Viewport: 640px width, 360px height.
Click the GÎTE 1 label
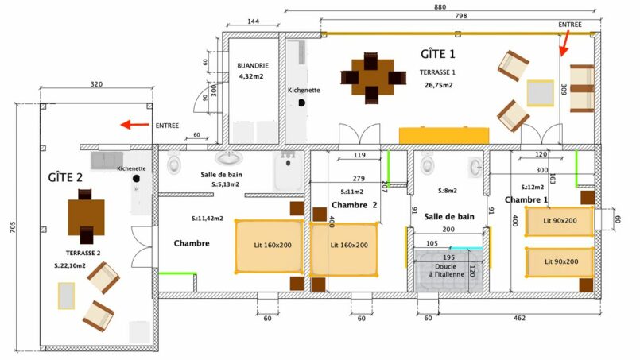point(438,54)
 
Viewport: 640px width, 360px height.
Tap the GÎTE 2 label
point(65,177)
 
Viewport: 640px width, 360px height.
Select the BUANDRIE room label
point(253,65)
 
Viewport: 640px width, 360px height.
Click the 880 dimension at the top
point(440,6)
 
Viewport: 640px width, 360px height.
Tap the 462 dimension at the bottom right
point(520,318)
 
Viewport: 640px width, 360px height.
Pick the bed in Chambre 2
point(343,246)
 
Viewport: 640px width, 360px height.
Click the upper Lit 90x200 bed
point(560,221)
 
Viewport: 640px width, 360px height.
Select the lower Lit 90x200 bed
point(560,261)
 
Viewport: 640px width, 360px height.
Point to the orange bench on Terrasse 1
point(444,135)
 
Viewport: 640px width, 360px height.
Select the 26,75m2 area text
point(438,85)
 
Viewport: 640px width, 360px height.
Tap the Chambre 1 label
point(526,199)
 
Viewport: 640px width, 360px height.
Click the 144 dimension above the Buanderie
point(253,21)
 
